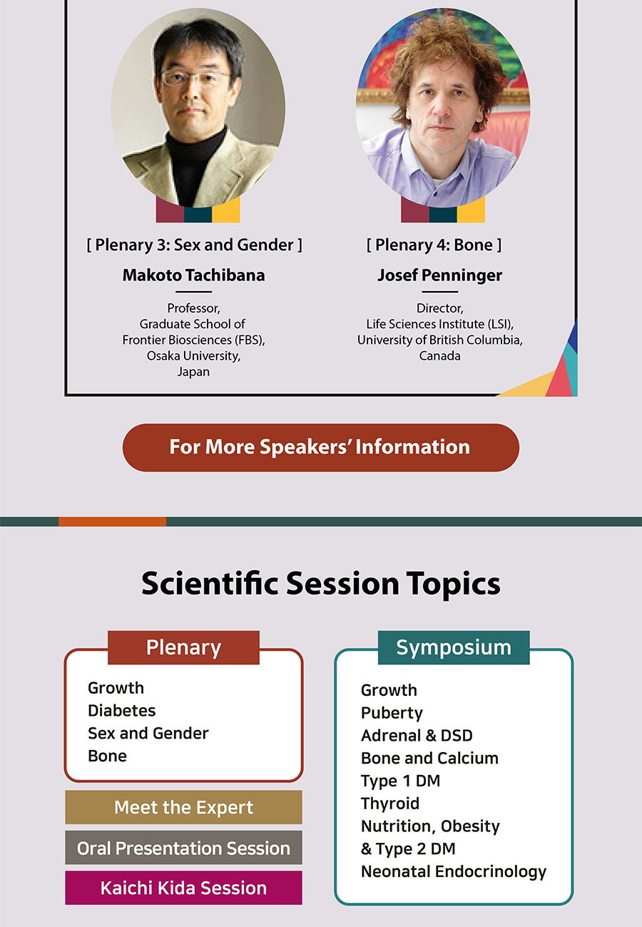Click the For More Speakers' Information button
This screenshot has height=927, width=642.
[x=320, y=447]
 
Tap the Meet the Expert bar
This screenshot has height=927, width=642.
[x=183, y=807]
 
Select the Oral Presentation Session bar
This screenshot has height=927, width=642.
[x=183, y=848]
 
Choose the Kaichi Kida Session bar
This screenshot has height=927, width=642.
[x=183, y=888]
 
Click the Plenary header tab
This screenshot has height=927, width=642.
[x=183, y=648]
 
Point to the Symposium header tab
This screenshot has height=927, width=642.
[x=454, y=648]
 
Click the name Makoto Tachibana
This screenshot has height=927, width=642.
[x=193, y=275]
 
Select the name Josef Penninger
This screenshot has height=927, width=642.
[x=439, y=275]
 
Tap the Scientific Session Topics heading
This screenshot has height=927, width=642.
[x=320, y=584]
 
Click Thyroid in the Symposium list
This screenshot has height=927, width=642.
[x=390, y=804]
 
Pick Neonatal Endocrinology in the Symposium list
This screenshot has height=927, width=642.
[x=454, y=871]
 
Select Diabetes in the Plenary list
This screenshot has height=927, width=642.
[x=121, y=711]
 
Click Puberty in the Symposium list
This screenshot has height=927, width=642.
[x=392, y=713]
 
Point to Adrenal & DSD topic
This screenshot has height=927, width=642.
[x=417, y=736]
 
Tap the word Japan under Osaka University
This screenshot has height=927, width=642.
[x=193, y=372]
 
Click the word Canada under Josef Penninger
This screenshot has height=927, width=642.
[x=439, y=356]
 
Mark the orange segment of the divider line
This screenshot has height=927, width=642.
[x=112, y=522]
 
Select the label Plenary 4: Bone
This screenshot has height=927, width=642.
[x=434, y=245]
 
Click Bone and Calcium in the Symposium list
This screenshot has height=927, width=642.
[x=429, y=758]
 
